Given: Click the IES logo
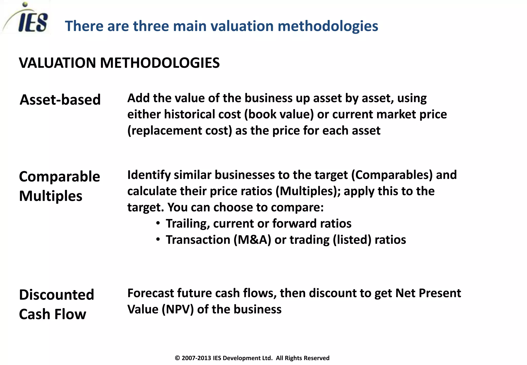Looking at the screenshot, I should pos(28,19).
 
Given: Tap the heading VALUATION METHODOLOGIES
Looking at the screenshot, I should pos(119,63).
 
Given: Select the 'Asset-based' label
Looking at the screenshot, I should pos(60,100).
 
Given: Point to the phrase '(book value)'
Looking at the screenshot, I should pos(279,114).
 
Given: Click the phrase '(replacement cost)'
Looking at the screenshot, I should pos(180,131).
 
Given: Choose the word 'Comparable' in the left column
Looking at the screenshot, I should pos(59,177).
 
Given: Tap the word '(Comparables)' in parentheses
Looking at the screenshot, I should pos(392,175).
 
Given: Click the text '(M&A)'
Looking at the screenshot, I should pos(252,240).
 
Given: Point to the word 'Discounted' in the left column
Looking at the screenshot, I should pos(57,295).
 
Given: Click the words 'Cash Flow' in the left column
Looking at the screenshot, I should pos(52,314).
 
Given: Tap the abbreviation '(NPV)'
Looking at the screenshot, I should pos(178,309).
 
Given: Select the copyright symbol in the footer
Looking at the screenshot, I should pos(177,358).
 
